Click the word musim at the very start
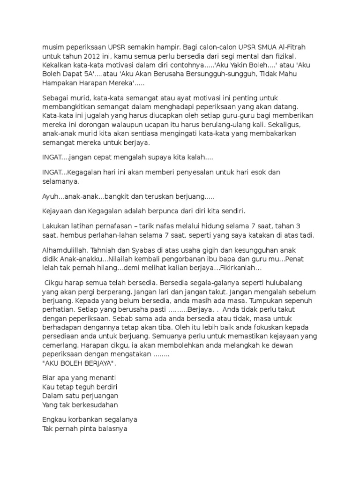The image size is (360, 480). (x=52, y=48)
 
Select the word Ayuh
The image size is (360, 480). (x=50, y=197)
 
